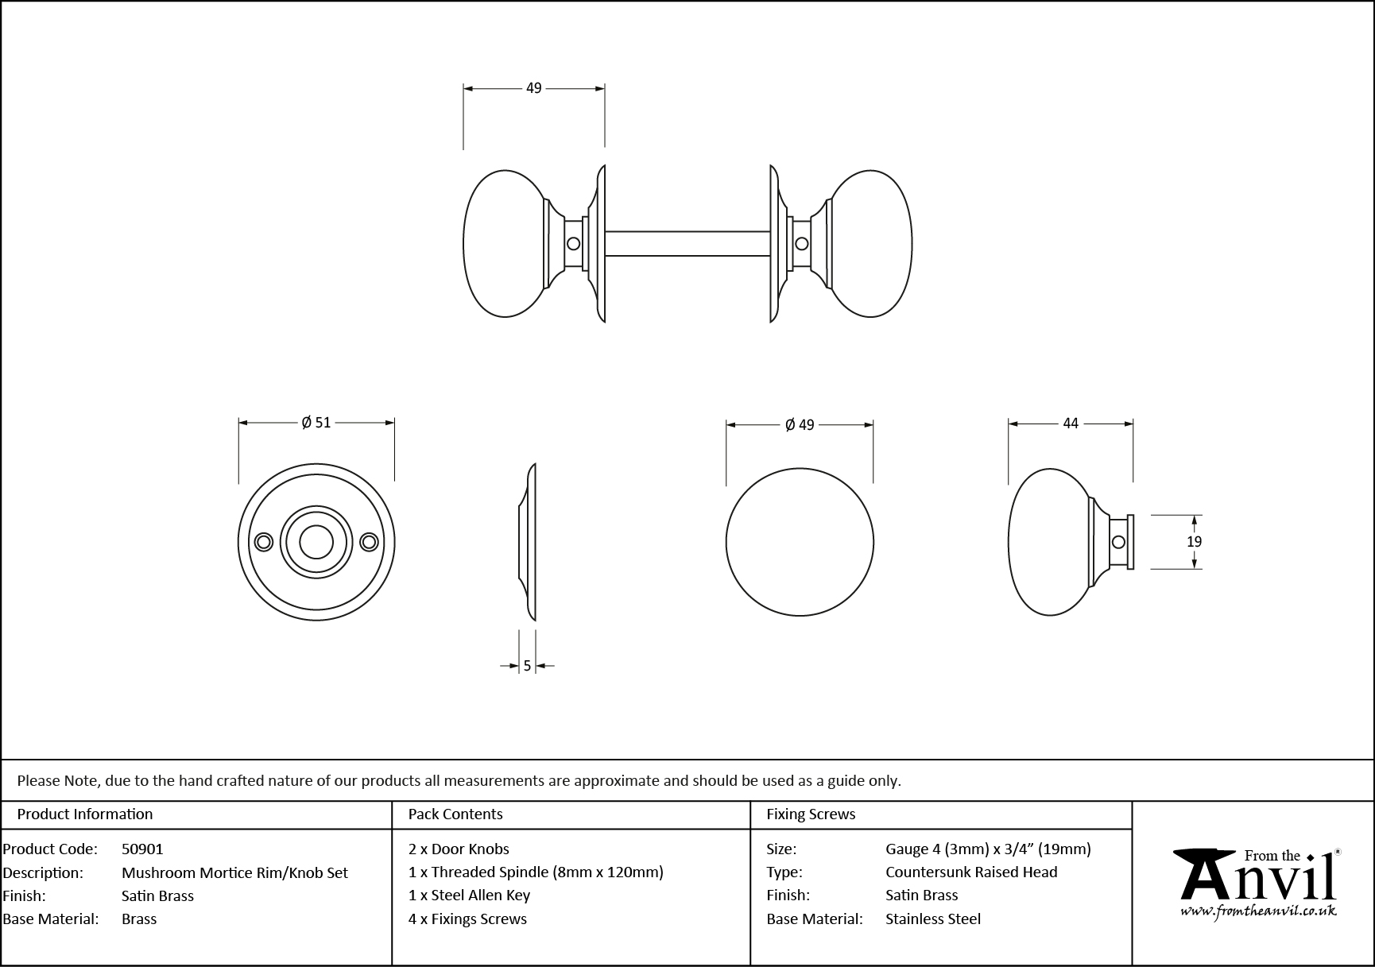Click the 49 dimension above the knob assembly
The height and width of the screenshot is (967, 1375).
point(533,88)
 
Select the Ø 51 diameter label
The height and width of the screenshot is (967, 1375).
point(316,423)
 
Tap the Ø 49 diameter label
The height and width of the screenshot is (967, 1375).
point(800,425)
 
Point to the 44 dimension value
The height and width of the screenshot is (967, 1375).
point(1071,424)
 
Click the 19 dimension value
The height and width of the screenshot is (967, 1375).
point(1194,542)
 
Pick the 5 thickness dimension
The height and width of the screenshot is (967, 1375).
point(527,667)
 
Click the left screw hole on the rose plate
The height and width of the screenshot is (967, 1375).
point(264,542)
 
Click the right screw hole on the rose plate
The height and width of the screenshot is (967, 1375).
point(368,542)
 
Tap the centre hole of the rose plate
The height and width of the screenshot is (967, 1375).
point(316,542)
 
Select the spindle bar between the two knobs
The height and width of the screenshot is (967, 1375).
point(687,244)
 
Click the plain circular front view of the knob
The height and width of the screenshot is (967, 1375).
point(800,542)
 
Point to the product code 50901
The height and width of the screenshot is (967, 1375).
point(142,849)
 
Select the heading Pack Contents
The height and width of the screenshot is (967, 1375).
point(455,814)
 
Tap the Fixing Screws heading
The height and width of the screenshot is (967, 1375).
point(811,814)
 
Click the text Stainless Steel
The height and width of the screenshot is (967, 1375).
point(933,919)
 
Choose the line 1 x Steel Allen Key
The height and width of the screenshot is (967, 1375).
point(469,895)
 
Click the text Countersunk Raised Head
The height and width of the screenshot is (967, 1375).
point(971,872)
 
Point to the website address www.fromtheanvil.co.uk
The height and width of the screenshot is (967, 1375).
point(1258,912)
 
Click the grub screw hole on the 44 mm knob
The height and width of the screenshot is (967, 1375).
point(1118,542)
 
